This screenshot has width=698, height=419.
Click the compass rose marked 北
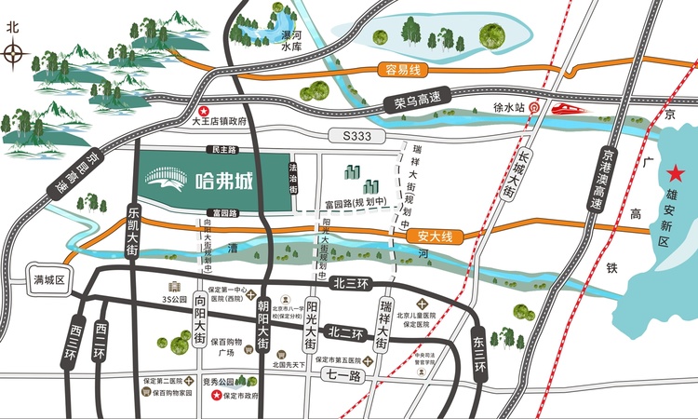[x=13, y=53]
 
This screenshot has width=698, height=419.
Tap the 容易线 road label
[x=403, y=70]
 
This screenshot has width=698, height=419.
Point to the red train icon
[x=566, y=109]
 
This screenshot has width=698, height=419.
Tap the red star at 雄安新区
[x=675, y=173]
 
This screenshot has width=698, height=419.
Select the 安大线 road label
[x=434, y=237]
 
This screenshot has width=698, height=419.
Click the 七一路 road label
[x=342, y=374]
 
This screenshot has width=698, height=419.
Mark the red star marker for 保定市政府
[x=218, y=395]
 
